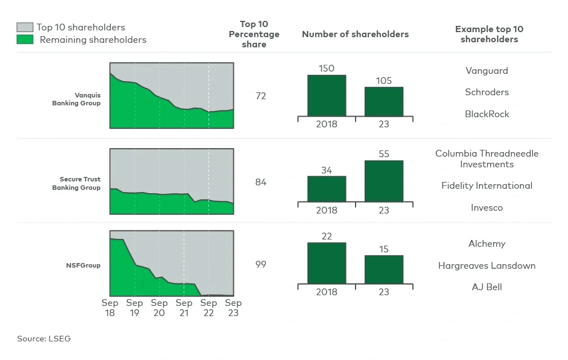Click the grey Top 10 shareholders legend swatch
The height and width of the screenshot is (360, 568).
[x=25, y=27]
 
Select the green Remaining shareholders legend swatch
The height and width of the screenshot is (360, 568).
[x=25, y=39]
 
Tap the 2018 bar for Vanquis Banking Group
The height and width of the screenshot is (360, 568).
[x=326, y=96]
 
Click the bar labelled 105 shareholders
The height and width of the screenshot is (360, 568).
[x=384, y=102]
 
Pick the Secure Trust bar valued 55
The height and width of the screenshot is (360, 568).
[x=384, y=181]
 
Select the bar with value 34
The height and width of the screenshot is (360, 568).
[x=326, y=189]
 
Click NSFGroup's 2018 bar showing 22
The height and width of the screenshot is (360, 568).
[x=326, y=263]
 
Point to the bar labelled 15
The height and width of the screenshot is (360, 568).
[x=384, y=270]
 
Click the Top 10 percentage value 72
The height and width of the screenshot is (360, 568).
[x=260, y=96]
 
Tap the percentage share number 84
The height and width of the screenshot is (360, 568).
[x=260, y=183]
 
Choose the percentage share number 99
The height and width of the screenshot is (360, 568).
[x=260, y=264]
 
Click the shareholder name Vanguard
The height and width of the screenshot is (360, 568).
[x=486, y=70]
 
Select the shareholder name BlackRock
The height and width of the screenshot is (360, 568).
[x=486, y=114]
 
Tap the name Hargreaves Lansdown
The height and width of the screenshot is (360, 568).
[x=486, y=265]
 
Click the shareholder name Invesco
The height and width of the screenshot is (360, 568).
[x=486, y=207]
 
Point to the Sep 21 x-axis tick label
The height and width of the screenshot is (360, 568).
[x=184, y=308]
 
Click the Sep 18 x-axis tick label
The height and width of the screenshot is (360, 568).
[x=110, y=308]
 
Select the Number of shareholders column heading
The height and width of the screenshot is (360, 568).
[x=355, y=34]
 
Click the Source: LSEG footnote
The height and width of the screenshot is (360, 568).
[x=44, y=339]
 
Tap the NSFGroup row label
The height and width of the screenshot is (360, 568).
[x=83, y=265]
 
